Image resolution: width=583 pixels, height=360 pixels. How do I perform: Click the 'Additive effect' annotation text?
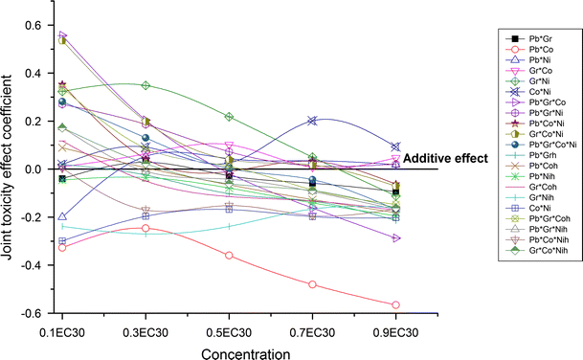tap(447, 158)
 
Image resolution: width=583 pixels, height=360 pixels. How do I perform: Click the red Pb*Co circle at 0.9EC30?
tap(395, 304)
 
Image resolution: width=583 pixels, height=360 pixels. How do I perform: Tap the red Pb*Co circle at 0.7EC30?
tap(312, 284)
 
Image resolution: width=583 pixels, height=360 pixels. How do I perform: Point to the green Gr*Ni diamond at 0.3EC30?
tap(146, 85)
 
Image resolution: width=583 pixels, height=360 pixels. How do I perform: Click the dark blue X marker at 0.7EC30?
tap(312, 121)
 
